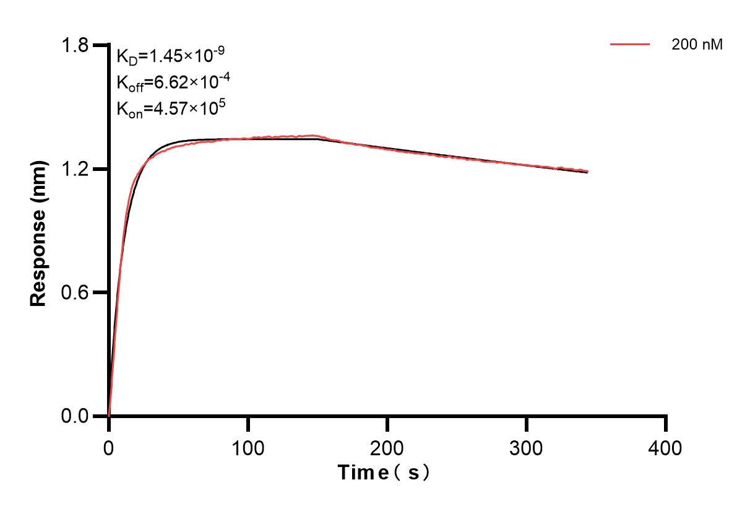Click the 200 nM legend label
[x=697, y=45]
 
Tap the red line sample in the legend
[x=630, y=45]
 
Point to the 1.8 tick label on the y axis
[x=77, y=46]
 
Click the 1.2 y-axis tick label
[x=77, y=169]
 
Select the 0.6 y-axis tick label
[x=77, y=292]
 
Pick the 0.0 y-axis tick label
[x=77, y=416]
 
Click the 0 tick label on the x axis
[x=109, y=447]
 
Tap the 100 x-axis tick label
[x=248, y=447]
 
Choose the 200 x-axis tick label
[x=387, y=447]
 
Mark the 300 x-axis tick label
[x=527, y=447]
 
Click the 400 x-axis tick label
[x=666, y=447]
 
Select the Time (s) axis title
[x=384, y=473]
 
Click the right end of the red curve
[x=587, y=171]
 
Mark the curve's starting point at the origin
[x=109, y=415]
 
